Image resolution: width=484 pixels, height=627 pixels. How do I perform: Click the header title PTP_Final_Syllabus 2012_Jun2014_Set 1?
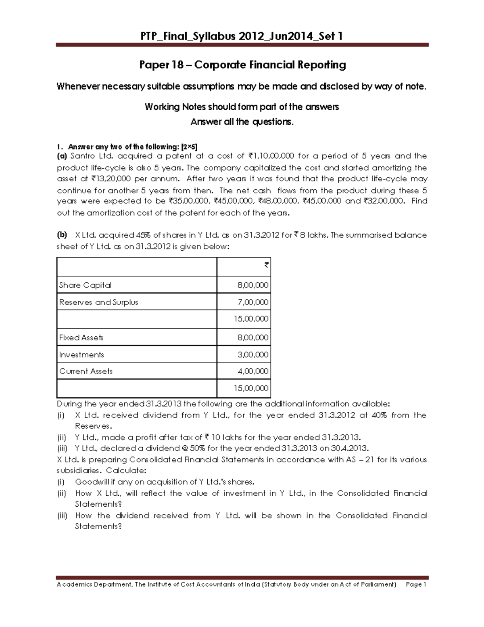pyautogui.click(x=242, y=37)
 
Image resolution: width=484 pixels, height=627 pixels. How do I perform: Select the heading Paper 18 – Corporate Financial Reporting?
pyautogui.click(x=242, y=65)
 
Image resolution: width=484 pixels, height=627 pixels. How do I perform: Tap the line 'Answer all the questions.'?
pyautogui.click(x=242, y=122)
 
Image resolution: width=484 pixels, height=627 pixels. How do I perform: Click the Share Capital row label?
pyautogui.click(x=85, y=285)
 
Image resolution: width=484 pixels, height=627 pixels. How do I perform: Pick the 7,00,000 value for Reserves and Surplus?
pyautogui.click(x=253, y=302)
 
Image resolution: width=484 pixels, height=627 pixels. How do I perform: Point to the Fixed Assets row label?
pyautogui.click(x=81, y=338)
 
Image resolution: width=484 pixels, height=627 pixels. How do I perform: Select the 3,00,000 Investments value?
pyautogui.click(x=253, y=355)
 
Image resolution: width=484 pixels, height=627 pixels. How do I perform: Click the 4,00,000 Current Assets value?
pyautogui.click(x=253, y=371)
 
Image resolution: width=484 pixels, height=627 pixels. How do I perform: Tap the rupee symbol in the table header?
pyautogui.click(x=266, y=265)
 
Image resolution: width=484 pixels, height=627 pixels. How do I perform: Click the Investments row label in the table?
pyautogui.click(x=81, y=355)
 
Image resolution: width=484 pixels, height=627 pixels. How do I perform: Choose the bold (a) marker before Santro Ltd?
pyautogui.click(x=62, y=156)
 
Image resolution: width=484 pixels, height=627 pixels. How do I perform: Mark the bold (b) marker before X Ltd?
pyautogui.click(x=62, y=235)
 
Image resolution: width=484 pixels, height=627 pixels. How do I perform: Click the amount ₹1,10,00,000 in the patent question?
pyautogui.click(x=271, y=156)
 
